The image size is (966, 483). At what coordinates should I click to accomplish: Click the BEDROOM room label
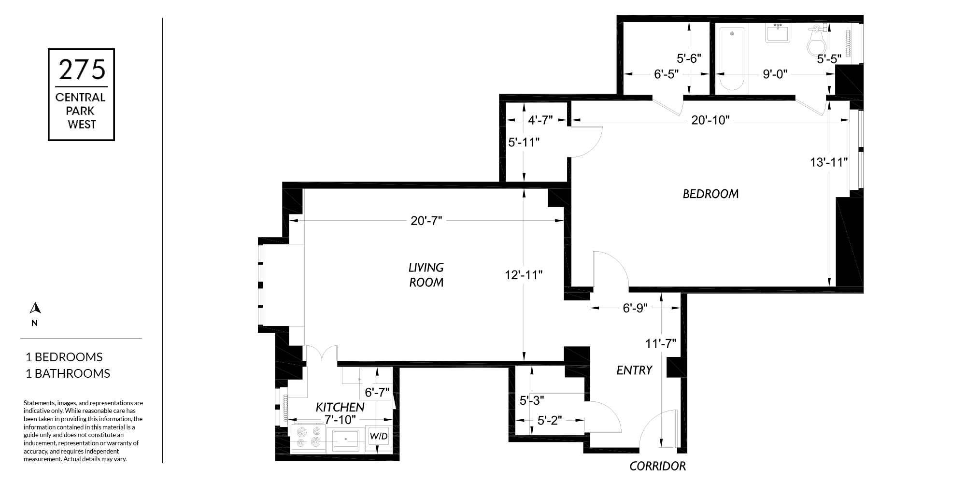point(710,194)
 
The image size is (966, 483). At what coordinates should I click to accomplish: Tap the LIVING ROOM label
point(426,274)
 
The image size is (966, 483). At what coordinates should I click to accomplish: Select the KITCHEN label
point(340,407)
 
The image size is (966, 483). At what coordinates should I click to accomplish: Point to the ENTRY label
point(634,370)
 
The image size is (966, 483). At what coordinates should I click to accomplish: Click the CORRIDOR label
point(657,466)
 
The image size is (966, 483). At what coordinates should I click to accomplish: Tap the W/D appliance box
point(379,436)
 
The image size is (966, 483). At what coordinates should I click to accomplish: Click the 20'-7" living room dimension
point(426,221)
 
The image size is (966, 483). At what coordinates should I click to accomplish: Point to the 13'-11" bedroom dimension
point(829,162)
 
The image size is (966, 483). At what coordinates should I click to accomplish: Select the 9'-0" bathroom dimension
point(775,74)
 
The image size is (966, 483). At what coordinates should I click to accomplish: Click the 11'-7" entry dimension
point(661,343)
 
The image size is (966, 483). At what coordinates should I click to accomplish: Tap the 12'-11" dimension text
point(524,275)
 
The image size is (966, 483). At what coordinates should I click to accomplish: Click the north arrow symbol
point(35,308)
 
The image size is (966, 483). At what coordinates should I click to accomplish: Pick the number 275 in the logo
point(82,69)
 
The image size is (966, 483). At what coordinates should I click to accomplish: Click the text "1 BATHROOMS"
point(68,373)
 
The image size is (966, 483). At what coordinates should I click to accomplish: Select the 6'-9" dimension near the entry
point(635,308)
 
